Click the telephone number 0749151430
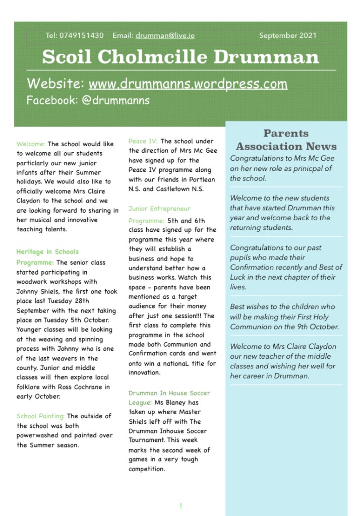[81, 35]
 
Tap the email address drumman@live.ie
[165, 35]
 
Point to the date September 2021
[288, 35]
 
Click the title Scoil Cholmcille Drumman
[181, 57]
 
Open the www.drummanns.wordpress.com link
[188, 84]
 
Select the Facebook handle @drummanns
[115, 100]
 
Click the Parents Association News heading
[286, 140]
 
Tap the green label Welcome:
[31, 144]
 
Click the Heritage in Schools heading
[47, 251]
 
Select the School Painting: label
[40, 416]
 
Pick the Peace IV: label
[143, 142]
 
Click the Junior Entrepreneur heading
[159, 209]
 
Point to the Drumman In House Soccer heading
[169, 393]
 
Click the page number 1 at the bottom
[181, 506]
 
